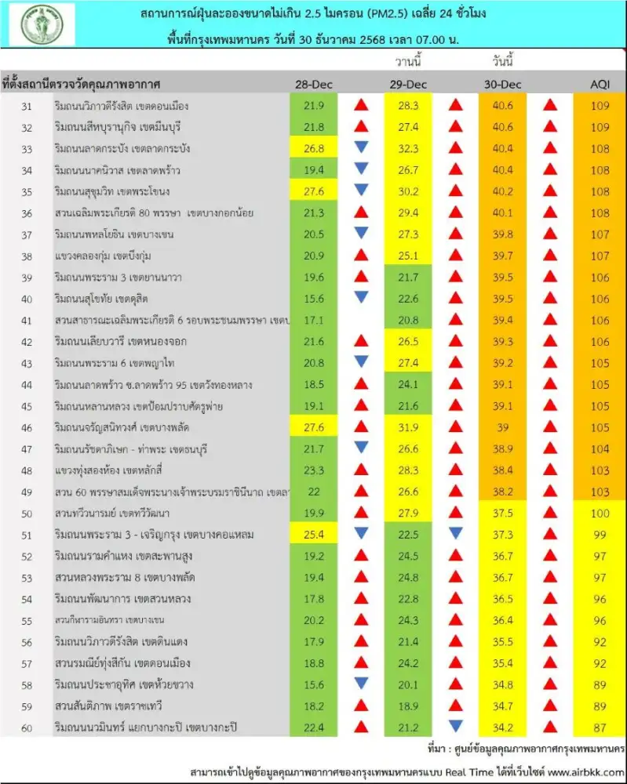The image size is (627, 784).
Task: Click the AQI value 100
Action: coord(598,513)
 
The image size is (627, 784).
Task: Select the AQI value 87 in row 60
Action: coord(598,728)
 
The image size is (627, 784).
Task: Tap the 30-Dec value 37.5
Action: coord(501,513)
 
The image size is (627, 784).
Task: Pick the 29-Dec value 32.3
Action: coord(409,147)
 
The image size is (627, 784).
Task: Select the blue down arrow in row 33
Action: coord(360,147)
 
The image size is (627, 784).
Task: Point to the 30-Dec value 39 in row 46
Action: coord(501,427)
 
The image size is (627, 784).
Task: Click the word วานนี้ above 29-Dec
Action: coord(407,62)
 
